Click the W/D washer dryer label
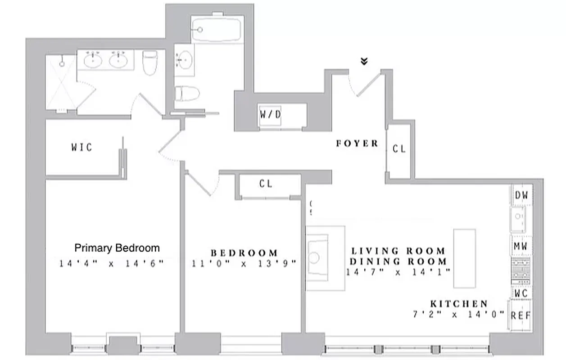pos(270,114)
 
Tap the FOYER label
pos(357,144)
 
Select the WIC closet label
pos(82,147)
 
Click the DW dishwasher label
pos(521,196)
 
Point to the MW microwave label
pos(521,247)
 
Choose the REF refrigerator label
pos(521,315)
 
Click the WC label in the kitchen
pos(521,292)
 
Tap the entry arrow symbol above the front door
pos(364,62)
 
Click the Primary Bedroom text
pos(117,248)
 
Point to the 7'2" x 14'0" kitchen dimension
pos(458,315)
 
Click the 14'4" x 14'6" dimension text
pos(111,264)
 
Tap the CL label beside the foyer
pos(399,149)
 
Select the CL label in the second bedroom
pos(266,184)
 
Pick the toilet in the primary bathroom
pos(149,63)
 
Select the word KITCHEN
pos(458,304)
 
